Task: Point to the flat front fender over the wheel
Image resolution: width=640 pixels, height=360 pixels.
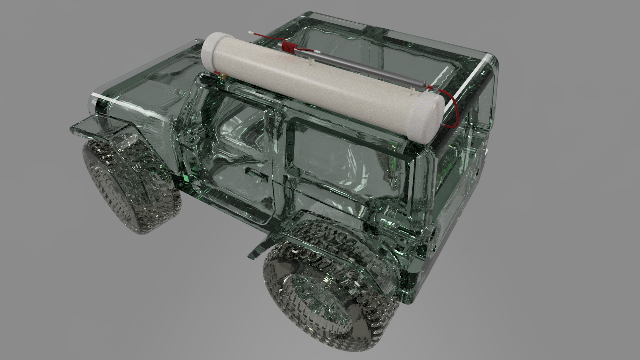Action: (x=96, y=128)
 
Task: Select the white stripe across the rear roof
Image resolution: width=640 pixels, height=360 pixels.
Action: (x=469, y=80)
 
